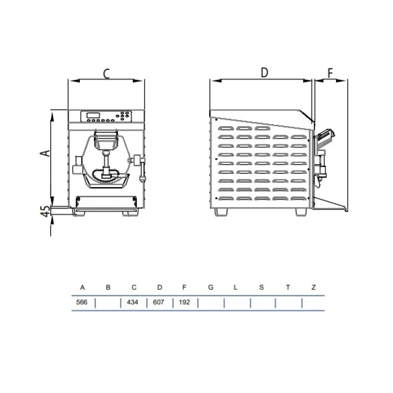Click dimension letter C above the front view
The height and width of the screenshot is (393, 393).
point(106,73)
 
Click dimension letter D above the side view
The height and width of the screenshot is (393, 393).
point(264,73)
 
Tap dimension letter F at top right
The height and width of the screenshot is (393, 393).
point(331,73)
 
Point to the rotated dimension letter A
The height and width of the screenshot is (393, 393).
point(46,152)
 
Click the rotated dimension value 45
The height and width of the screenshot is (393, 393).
point(46,211)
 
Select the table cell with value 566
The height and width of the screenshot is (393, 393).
point(82,303)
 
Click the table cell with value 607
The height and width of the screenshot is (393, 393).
point(159,303)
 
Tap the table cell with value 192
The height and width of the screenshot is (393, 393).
point(184,303)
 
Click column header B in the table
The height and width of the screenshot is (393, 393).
point(108,287)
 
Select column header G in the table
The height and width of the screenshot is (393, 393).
point(211,287)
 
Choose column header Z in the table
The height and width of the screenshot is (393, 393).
point(314,287)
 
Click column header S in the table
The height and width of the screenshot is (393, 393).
point(262,287)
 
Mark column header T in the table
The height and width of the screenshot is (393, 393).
point(288,287)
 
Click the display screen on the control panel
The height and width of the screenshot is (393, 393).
point(93,115)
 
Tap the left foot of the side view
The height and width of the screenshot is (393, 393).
point(221,212)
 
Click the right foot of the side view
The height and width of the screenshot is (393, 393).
point(301,212)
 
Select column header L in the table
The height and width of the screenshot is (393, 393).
point(235,287)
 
